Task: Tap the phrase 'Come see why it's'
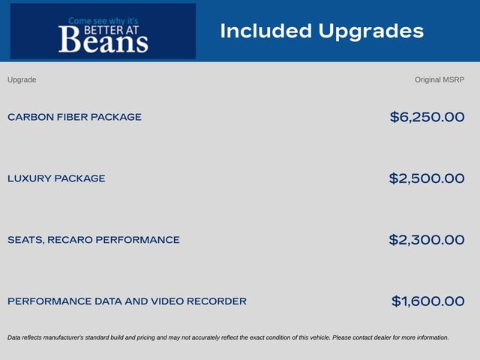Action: coord(103,21)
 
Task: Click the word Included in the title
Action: coord(266,31)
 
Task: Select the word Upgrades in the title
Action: coord(371,31)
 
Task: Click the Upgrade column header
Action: coord(22,80)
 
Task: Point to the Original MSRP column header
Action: coord(439,80)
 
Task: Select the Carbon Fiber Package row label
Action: coord(74,117)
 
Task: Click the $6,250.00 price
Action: coord(427,117)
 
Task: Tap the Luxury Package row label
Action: coord(56,178)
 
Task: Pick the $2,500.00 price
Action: coord(427,178)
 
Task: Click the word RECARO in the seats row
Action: coord(70,240)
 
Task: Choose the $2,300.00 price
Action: coord(427,240)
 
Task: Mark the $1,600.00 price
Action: coord(428,301)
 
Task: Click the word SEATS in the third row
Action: coord(25,240)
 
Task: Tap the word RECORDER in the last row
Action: coord(217,301)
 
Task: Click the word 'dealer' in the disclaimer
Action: coord(383,337)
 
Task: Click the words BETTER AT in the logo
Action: coord(111,30)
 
